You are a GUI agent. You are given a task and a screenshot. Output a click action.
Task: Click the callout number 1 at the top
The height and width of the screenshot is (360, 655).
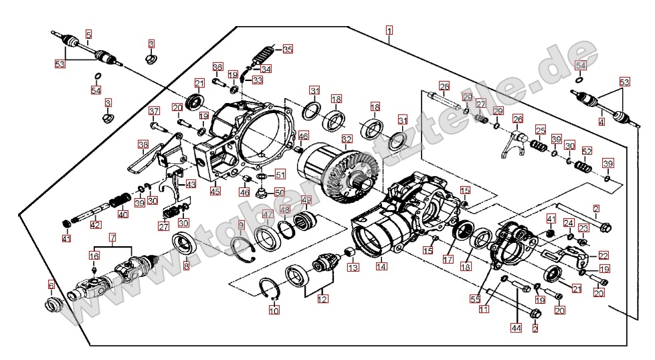(389, 30)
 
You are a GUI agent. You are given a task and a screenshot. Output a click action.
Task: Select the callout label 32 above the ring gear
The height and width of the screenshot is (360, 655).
(346, 139)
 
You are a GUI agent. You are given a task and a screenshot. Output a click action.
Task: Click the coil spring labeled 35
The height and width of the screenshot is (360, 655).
(264, 53)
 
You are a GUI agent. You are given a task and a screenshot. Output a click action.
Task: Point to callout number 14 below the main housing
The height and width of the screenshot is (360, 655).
(381, 266)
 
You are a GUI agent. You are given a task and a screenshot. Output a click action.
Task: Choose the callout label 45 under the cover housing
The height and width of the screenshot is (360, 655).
(215, 191)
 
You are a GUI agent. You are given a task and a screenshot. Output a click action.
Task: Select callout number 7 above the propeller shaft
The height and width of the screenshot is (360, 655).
(112, 237)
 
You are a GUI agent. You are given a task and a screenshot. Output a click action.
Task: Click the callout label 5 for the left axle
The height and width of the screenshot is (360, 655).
(88, 33)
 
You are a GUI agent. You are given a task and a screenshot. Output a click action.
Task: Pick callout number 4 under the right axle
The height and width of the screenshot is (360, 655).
(601, 122)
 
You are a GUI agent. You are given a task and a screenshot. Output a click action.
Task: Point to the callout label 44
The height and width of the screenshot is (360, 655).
(516, 328)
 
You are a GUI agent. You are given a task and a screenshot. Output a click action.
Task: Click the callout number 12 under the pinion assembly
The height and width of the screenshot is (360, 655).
(323, 300)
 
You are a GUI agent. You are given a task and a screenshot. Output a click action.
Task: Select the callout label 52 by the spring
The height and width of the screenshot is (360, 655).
(587, 151)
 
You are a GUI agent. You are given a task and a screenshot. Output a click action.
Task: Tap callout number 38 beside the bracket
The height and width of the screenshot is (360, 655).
(143, 144)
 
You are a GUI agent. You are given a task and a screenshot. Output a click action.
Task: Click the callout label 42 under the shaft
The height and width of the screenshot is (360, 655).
(96, 225)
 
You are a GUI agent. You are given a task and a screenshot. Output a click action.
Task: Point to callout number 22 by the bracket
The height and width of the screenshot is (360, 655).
(603, 256)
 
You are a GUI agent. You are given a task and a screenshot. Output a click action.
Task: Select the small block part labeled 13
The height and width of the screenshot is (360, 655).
(348, 253)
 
